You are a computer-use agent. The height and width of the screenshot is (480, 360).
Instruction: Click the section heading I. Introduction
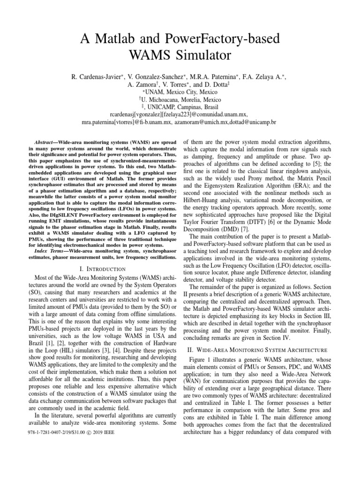pyautogui.click(x=103, y=269)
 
